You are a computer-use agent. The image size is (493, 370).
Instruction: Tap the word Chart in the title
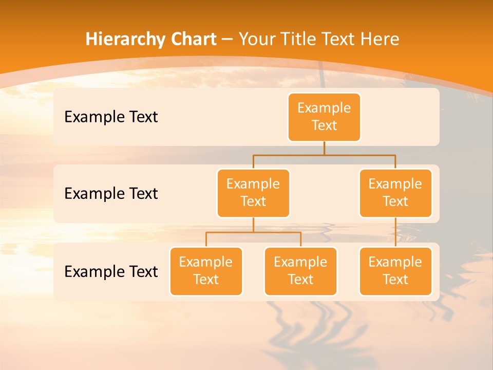pos(192,40)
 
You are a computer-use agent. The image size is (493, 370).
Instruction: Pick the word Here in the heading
pos(380,40)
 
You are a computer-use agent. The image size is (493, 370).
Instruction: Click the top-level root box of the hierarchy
pos(324,117)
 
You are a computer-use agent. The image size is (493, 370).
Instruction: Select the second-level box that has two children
pos(253,193)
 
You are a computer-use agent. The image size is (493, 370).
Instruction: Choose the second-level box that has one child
pos(395,193)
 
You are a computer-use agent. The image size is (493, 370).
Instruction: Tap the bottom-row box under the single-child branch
pos(395,271)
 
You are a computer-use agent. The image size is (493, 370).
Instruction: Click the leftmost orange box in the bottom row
pos(206,271)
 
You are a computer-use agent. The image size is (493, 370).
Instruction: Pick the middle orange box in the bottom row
pos(300,271)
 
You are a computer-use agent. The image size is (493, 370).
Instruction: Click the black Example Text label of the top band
pos(111,117)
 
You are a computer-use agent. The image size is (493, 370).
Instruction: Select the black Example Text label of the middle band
pos(111,194)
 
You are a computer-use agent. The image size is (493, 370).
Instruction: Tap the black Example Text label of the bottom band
pos(111,271)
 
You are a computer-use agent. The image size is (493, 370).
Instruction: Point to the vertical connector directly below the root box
pos(324,148)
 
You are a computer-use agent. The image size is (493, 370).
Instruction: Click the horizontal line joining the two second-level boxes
pos(324,155)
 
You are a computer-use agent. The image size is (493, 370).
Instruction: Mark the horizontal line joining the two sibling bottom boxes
pos(253,232)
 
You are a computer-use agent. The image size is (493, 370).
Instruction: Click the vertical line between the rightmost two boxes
pos(395,232)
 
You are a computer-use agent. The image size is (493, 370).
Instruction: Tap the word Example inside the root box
pos(324,108)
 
